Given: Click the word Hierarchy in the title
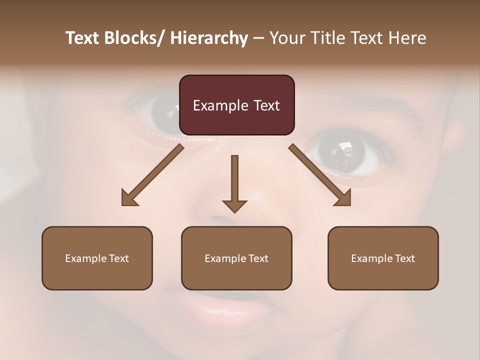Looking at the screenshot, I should (209, 38).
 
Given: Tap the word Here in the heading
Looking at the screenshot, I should (406, 38).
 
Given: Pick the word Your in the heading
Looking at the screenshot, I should (287, 38).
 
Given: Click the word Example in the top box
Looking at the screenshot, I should (220, 105).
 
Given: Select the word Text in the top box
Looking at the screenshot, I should (266, 105).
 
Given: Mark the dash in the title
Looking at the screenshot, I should (258, 38).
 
